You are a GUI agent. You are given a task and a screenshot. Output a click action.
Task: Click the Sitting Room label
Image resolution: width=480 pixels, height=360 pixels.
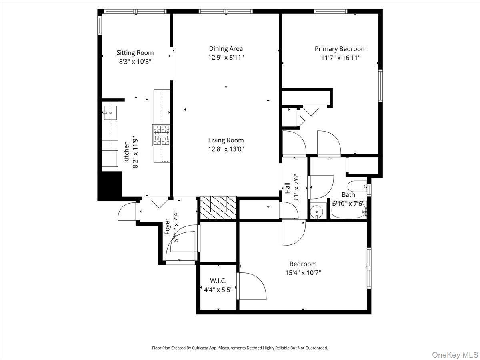coord(135,53)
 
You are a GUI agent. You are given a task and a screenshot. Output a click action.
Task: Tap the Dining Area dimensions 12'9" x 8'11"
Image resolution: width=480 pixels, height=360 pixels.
coord(226,57)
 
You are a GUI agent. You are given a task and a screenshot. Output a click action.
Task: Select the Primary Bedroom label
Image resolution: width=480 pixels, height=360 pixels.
coord(340,49)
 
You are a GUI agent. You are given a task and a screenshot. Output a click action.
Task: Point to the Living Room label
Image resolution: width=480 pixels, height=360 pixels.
coord(226,140)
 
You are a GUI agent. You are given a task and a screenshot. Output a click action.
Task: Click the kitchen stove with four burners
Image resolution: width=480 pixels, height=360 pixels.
coord(161,135)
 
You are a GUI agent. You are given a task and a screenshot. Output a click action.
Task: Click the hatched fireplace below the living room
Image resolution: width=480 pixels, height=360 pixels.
coord(218,207)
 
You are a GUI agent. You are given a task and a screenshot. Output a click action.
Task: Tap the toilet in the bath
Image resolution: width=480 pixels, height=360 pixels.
coord(357,186)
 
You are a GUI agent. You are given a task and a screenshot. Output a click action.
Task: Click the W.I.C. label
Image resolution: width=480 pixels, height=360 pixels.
coord(218,281)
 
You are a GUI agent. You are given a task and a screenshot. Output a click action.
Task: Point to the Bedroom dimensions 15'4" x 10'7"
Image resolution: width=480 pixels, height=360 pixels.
coord(303,273)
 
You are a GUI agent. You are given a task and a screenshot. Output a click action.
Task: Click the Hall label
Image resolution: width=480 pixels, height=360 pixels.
coord(287,188)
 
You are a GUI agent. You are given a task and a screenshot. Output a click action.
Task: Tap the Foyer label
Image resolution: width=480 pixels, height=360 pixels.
coord(167,226)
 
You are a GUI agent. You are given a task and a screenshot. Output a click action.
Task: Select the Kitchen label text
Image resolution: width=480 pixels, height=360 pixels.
coord(126,151)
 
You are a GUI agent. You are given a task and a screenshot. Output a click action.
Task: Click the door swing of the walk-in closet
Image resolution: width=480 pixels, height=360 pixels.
coord(252,286)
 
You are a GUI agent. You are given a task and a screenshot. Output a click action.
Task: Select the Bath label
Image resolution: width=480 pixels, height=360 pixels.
coord(348,195)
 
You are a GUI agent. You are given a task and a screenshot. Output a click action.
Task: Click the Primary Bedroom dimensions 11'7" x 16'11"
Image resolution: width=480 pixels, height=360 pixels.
coord(340,57)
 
